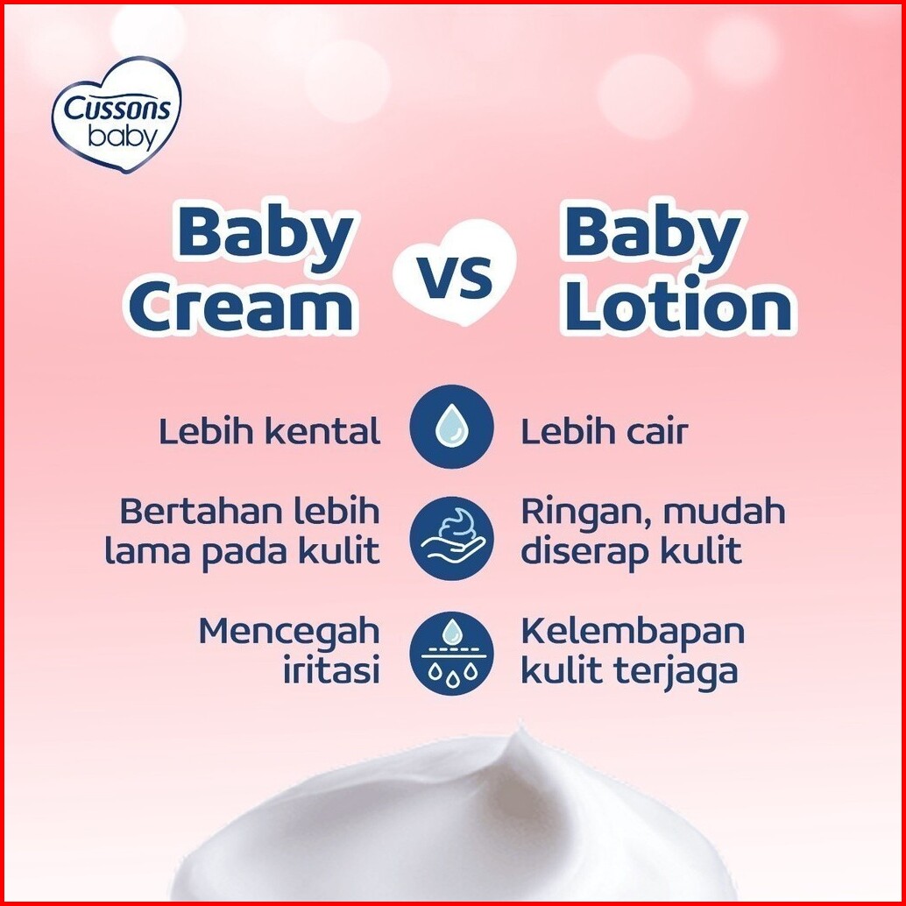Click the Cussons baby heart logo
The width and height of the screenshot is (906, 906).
[x=117, y=115]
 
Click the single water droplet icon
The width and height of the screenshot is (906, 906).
[x=452, y=427]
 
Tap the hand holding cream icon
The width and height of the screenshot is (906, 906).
[x=452, y=538]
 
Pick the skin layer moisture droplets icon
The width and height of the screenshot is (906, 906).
[x=452, y=653]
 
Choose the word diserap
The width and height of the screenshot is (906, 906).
[x=584, y=552]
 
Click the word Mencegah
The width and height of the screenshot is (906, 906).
[x=289, y=633]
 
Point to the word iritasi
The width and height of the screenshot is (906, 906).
[x=331, y=671]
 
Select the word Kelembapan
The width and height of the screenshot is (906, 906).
[x=633, y=633]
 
